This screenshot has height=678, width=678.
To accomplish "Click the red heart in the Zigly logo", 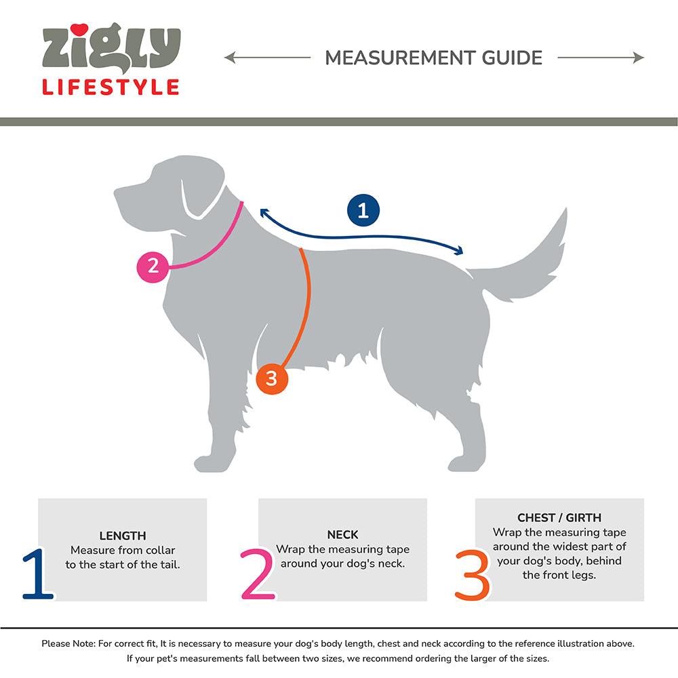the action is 79,30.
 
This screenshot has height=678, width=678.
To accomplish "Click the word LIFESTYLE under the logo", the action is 111,87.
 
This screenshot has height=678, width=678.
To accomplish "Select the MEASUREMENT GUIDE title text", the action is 434,58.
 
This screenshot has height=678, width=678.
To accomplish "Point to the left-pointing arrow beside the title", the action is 267,58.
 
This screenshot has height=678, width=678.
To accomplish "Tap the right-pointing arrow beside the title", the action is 601,58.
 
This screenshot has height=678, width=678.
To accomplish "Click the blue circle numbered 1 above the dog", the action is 363,210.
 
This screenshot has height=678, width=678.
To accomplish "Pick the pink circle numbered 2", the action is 153,266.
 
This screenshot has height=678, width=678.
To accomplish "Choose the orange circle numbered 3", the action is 272,378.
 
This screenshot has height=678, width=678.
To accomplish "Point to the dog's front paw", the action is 211,464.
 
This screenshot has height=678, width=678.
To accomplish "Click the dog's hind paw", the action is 465,464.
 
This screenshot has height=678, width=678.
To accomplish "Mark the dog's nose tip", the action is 116,192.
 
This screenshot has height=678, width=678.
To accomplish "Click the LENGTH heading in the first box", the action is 123,536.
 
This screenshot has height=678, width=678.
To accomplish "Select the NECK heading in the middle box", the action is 342,535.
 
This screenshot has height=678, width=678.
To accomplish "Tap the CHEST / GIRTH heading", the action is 559,517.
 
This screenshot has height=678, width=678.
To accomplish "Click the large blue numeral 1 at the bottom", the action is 37,574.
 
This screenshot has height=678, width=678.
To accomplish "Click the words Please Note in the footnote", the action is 68,644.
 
